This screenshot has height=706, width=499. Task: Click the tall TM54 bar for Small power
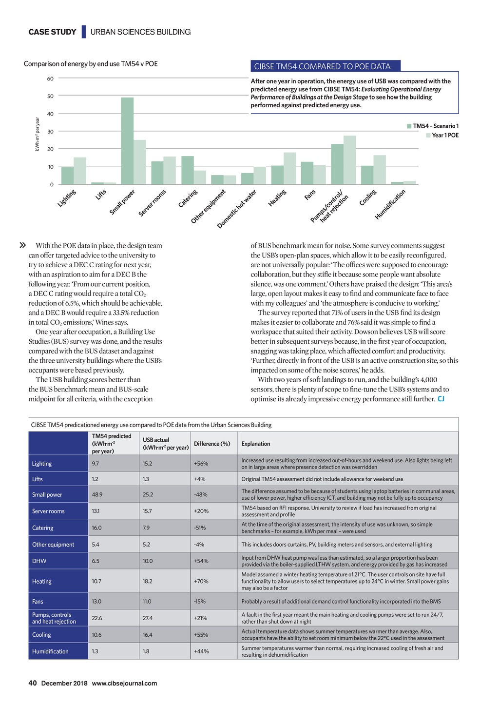tap(127, 141)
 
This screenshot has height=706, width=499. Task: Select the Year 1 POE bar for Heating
tap(290, 169)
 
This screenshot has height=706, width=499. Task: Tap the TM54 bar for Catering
tap(187, 170)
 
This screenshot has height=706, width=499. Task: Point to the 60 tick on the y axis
tap(50, 78)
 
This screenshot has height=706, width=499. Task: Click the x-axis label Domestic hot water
tap(237, 209)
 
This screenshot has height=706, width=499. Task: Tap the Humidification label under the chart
tap(390, 204)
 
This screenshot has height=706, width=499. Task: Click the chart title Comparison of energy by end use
tap(91, 64)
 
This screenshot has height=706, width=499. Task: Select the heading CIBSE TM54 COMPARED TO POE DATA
tap(322, 66)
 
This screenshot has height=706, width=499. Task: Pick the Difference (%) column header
tap(212, 444)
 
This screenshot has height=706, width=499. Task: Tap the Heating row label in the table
tap(42, 581)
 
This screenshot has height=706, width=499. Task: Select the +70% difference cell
tap(201, 581)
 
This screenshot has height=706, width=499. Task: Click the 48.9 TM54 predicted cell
tap(97, 494)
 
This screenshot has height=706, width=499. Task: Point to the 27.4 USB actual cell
tap(148, 618)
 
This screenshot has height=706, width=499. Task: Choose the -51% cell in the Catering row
tap(200, 528)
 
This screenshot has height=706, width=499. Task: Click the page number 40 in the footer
tap(33, 683)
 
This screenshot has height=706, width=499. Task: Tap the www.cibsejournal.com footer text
tap(124, 683)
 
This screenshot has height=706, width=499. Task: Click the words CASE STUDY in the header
tap(52, 32)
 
